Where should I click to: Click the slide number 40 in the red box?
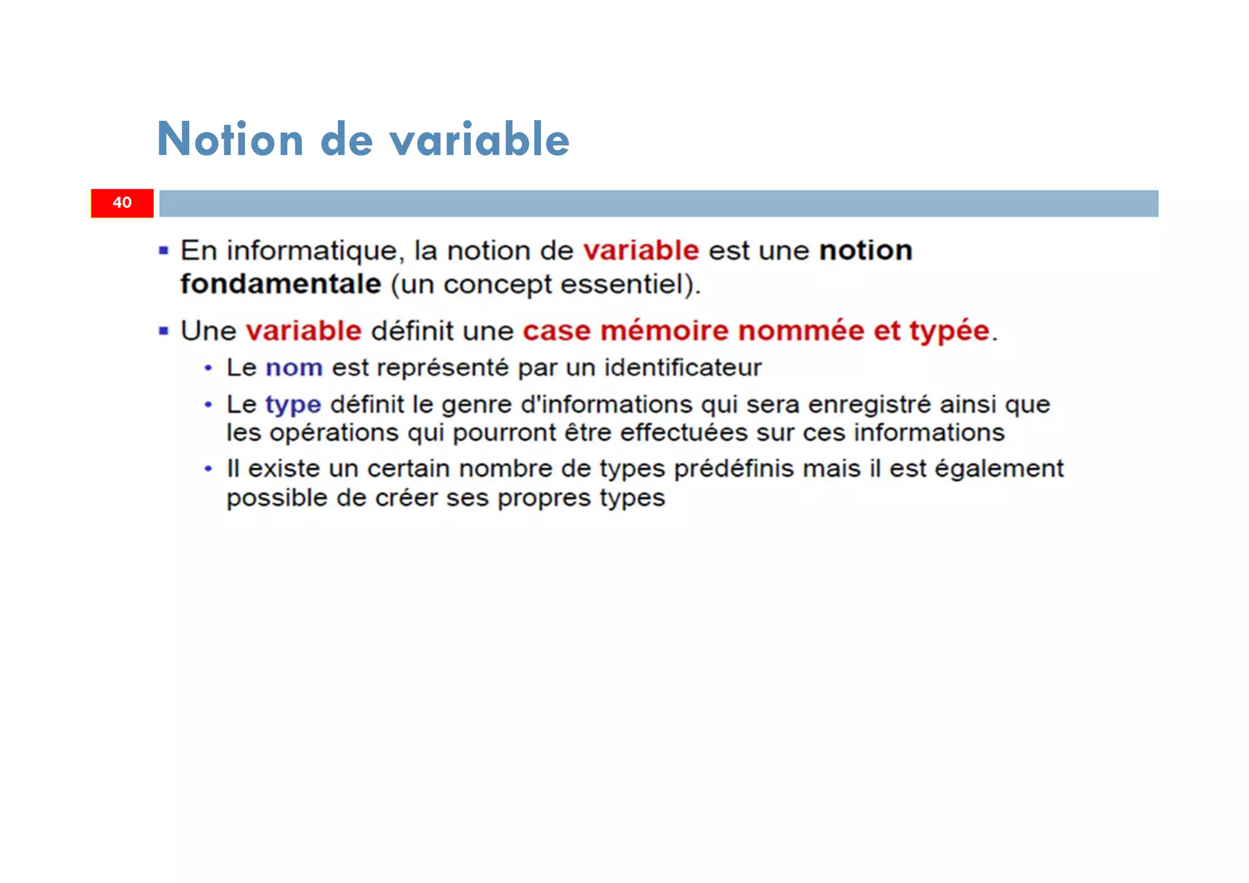(122, 203)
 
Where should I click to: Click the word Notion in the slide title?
(230, 140)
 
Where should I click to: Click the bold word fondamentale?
(281, 284)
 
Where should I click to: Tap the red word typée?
(949, 332)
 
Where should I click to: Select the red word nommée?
(801, 331)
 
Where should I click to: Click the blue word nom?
(294, 368)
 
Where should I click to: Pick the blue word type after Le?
(293, 406)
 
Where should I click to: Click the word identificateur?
(682, 368)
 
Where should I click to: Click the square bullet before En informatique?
(163, 250)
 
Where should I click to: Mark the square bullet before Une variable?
(163, 331)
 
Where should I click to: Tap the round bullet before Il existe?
(209, 469)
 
